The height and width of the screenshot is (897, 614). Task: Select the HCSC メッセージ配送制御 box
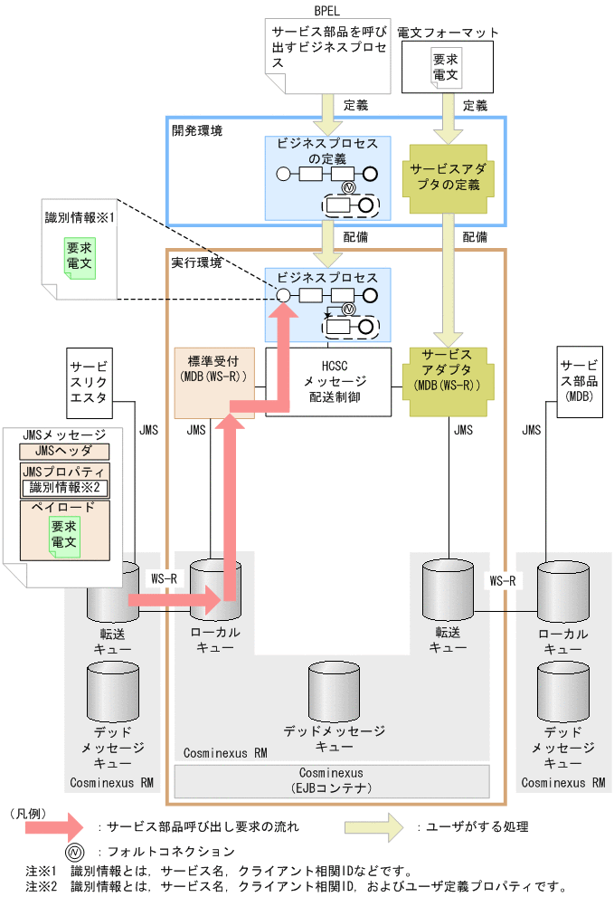pos(327,382)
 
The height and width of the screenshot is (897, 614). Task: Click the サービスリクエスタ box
pos(89,381)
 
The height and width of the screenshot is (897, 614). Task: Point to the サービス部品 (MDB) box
pos(578,382)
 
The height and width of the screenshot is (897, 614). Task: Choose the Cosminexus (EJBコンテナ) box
pos(331,780)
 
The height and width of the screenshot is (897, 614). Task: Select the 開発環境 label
pos(196,130)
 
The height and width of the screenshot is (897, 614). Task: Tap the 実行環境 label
pos(196,262)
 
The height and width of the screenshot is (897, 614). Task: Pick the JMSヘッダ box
pos(64,451)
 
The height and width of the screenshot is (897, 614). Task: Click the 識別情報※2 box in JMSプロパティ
pos(64,488)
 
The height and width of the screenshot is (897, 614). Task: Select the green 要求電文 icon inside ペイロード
pos(63,534)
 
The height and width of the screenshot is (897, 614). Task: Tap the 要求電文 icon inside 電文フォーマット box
pos(444,69)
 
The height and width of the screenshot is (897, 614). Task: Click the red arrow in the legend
pos(52,825)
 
